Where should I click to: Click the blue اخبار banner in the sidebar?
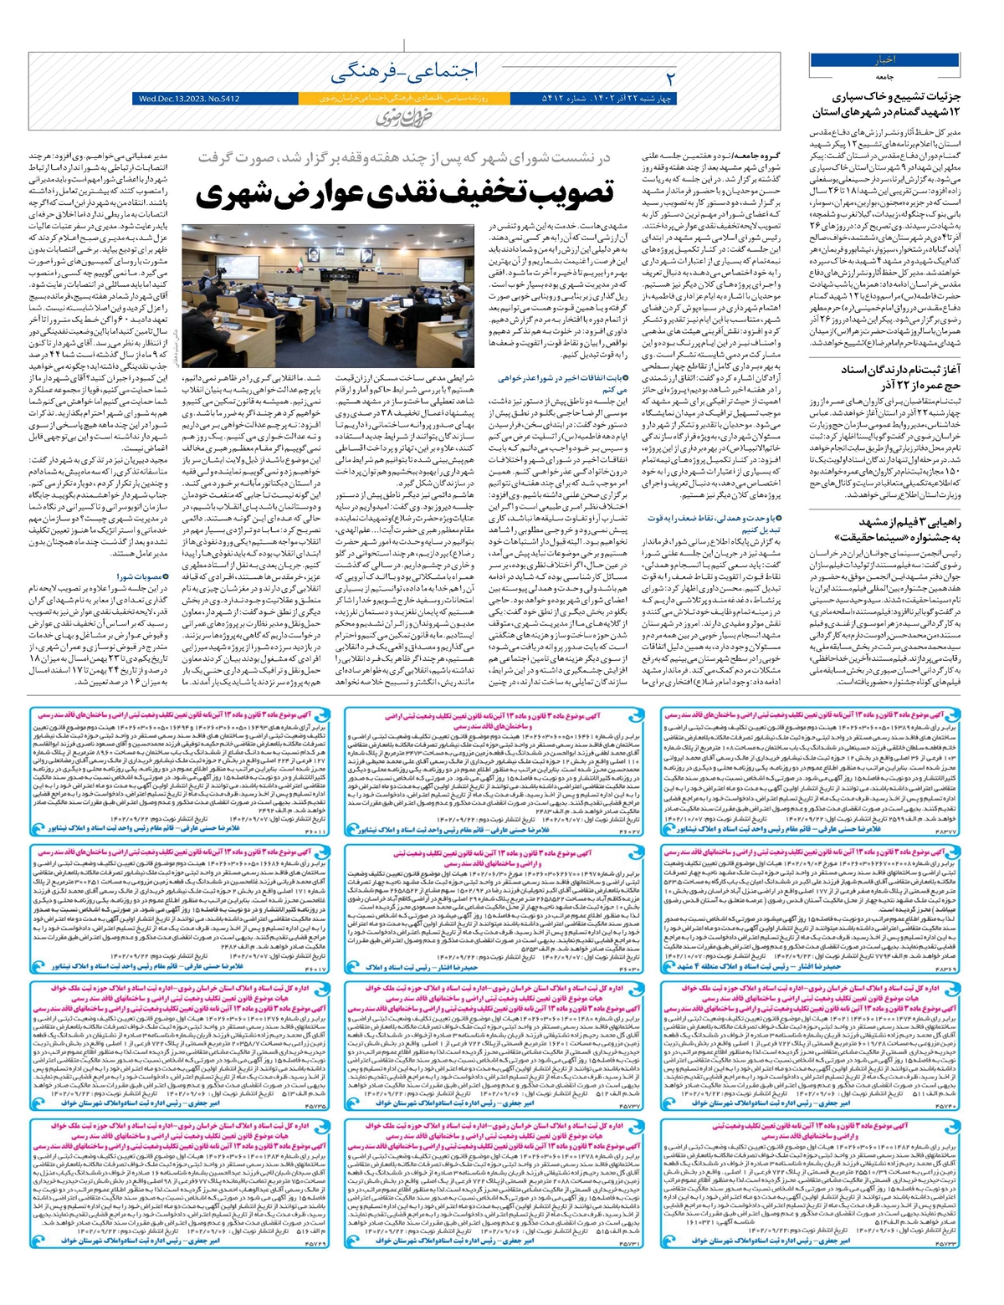[x=885, y=60]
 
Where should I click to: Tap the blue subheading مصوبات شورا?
[x=139, y=576]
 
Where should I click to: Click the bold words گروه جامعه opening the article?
[x=757, y=156]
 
